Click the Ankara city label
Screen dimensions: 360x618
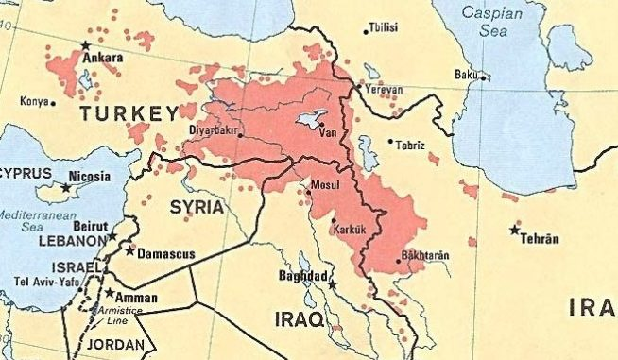coord(104,59)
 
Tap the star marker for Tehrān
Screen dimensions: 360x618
coord(515,230)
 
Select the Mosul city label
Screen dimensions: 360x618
coord(323,184)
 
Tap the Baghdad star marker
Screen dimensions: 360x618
coord(332,283)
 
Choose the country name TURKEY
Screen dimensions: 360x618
coord(129,114)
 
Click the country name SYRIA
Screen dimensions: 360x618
coord(197,206)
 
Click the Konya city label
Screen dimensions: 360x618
coord(34,101)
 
